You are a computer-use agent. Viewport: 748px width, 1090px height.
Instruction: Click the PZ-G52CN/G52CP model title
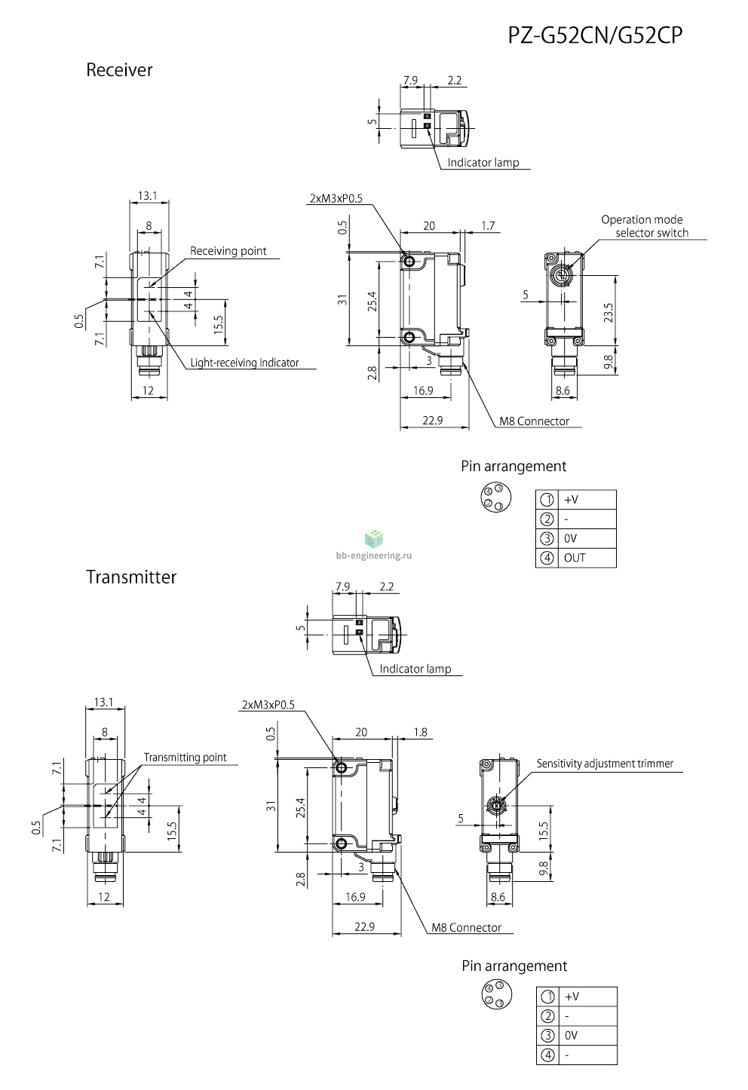[x=595, y=35]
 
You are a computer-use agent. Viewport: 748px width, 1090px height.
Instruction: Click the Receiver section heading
[x=119, y=70]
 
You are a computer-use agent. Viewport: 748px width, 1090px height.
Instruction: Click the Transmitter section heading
[x=131, y=577]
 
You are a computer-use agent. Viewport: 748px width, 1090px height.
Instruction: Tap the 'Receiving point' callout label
[x=228, y=251]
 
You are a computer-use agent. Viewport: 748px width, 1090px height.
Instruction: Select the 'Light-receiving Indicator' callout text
[x=244, y=363]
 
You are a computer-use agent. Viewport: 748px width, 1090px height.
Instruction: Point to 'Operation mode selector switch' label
[x=645, y=226]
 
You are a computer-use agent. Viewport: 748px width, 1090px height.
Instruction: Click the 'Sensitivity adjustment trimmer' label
[x=605, y=764]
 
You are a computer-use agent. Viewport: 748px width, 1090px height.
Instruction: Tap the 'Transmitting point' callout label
[x=185, y=757]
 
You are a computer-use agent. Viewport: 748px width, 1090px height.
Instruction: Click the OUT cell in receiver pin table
[x=575, y=558]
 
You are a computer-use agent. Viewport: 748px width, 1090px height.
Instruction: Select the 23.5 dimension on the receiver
[x=609, y=313]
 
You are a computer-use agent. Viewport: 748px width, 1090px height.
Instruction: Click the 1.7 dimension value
[x=488, y=226]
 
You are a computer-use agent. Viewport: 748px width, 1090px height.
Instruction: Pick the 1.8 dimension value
[x=420, y=732]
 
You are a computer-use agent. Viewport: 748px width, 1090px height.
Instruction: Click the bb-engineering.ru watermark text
[x=374, y=556]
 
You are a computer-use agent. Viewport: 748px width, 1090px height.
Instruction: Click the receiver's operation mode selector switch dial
[x=562, y=276]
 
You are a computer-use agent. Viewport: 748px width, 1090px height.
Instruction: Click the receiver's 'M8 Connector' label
[x=534, y=421]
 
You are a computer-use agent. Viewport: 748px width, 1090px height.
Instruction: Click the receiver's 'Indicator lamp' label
[x=483, y=163]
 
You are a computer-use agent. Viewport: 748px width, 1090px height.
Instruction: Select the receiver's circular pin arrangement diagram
[x=495, y=498]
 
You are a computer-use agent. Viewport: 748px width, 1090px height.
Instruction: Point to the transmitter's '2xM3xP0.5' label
[x=268, y=705]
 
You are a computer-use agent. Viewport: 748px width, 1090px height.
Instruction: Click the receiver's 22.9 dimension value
[x=433, y=421]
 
